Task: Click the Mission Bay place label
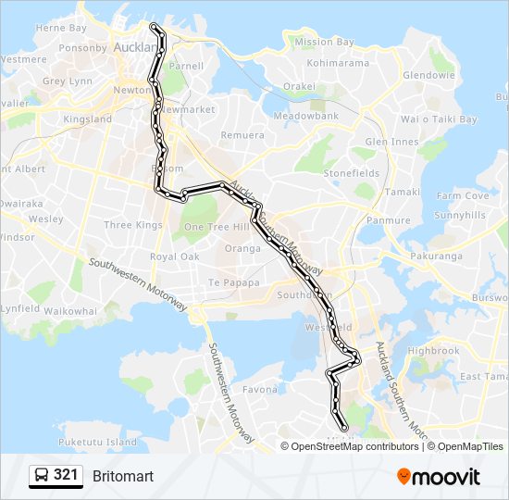(x=324, y=42)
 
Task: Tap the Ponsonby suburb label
(x=82, y=47)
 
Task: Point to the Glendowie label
(x=428, y=75)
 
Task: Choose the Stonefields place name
(x=351, y=173)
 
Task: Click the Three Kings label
(x=133, y=225)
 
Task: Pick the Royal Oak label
(x=174, y=256)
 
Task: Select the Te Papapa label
(x=230, y=282)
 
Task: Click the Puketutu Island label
(x=96, y=442)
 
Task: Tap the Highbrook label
(x=433, y=351)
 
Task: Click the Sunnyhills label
(x=460, y=214)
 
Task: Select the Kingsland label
(x=87, y=119)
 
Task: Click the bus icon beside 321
(x=42, y=476)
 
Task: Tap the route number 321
(x=66, y=476)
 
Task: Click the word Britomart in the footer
(x=123, y=476)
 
